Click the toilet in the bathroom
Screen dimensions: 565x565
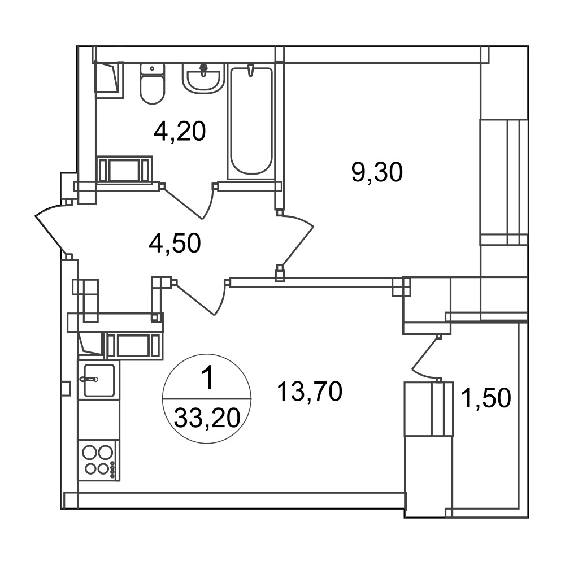pos(152,84)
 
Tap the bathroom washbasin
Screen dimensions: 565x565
pos(203,77)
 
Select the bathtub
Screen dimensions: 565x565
pos(251,121)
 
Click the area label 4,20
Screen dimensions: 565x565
pos(180,131)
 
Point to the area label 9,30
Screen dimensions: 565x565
pos(376,172)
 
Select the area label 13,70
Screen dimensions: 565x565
pos(309,392)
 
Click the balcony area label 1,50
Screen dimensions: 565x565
pos(486,398)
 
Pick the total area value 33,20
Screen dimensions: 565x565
pos(207,418)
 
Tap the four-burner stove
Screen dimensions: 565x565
pos(98,460)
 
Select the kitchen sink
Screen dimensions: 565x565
pos(99,380)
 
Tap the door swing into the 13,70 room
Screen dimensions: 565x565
pos(202,297)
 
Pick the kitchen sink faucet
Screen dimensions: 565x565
pos(89,379)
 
